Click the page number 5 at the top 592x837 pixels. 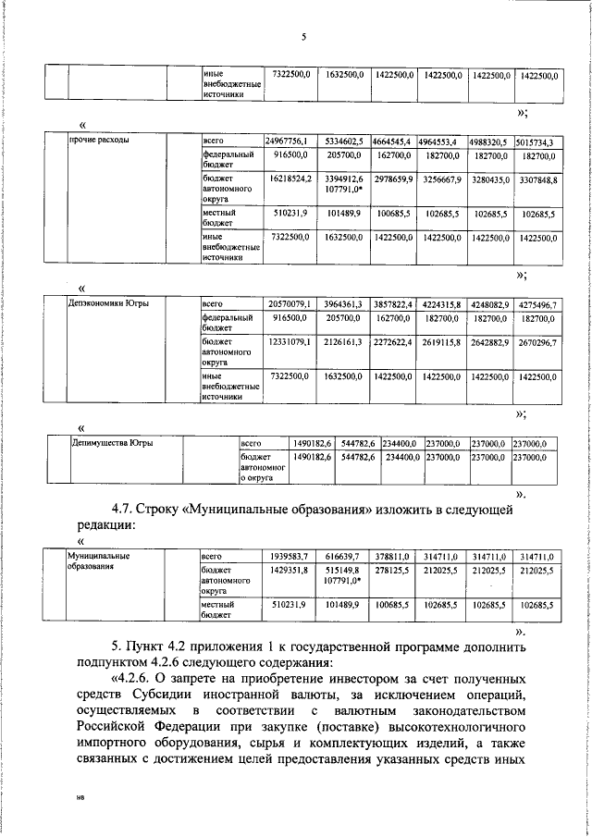coord(302,38)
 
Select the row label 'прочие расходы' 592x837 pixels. coord(99,142)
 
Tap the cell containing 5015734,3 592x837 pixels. coord(536,142)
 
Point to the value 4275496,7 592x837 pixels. coord(536,302)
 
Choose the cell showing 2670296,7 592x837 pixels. coord(536,342)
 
